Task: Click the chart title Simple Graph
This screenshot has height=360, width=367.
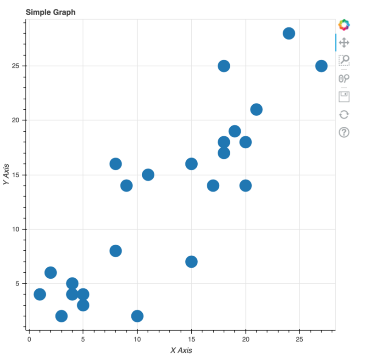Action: pyautogui.click(x=50, y=12)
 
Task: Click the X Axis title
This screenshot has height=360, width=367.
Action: pyautogui.click(x=181, y=350)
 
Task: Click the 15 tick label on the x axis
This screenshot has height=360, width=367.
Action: pyautogui.click(x=191, y=339)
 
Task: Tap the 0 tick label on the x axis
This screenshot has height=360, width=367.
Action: pyautogui.click(x=29, y=339)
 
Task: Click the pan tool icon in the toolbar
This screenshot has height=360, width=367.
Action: pyautogui.click(x=344, y=44)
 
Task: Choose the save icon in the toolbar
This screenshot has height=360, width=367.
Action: pyautogui.click(x=344, y=96)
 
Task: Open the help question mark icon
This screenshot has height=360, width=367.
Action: pyautogui.click(x=344, y=133)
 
